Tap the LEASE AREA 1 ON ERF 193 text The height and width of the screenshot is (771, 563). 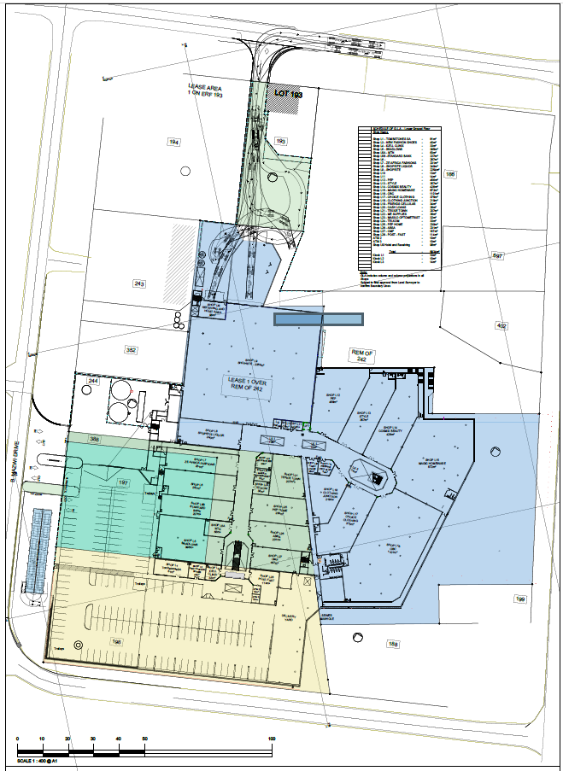tap(204, 91)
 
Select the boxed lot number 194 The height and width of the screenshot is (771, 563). tap(173, 142)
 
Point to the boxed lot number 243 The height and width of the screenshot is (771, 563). tap(139, 283)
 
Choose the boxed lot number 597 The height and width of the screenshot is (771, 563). tap(498, 255)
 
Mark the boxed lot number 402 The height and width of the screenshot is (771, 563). tap(501, 325)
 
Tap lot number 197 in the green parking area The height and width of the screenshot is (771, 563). tap(122, 482)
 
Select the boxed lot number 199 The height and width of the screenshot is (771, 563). tap(519, 599)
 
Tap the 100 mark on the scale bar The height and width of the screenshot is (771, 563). tap(271, 739)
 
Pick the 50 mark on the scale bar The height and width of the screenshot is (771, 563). tap(144, 739)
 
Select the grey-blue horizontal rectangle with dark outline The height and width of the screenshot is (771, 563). tap(318, 319)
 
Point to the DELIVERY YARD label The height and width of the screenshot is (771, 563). tap(289, 616)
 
